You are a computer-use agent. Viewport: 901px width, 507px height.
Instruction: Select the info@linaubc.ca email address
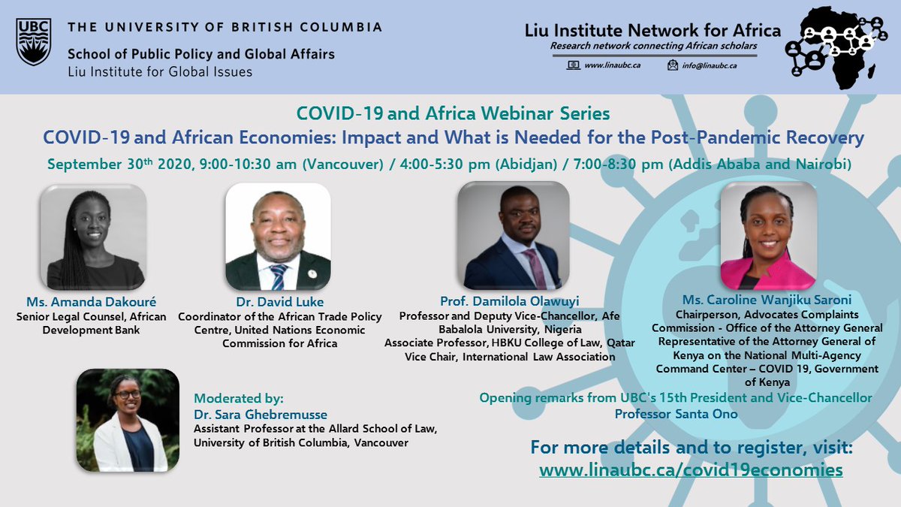click(710, 65)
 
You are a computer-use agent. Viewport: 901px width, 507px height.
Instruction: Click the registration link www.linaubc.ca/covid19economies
click(691, 470)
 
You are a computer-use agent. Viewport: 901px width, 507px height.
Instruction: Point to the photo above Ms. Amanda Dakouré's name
click(92, 237)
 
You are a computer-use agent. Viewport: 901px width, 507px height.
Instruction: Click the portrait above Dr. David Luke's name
click(279, 237)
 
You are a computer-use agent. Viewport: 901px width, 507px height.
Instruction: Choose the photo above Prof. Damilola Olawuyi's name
click(514, 236)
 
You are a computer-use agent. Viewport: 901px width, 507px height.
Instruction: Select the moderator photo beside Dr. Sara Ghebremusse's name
click(128, 421)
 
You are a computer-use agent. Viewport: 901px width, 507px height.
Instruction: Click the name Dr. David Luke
click(279, 303)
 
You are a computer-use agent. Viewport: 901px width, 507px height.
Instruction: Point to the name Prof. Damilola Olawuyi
click(508, 303)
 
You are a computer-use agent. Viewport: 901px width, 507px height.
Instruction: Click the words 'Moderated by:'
click(239, 398)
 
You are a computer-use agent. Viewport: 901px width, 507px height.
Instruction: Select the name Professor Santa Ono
click(676, 414)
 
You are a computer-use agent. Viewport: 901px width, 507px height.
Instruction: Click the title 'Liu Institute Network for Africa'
click(653, 31)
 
